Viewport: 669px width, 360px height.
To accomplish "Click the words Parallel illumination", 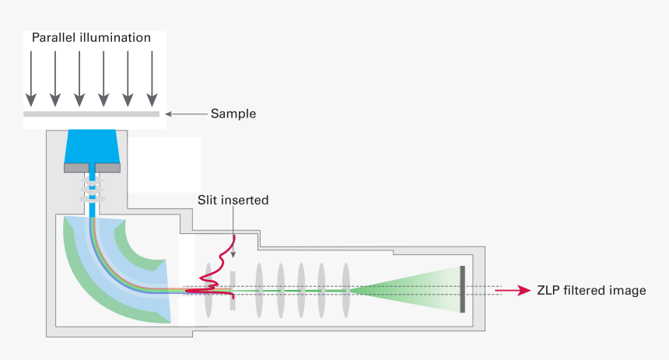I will (x=92, y=38).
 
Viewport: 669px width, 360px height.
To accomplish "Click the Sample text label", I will (x=233, y=114).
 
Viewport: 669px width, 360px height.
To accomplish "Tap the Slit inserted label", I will (x=233, y=201).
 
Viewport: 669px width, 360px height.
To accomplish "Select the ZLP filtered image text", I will (x=591, y=291).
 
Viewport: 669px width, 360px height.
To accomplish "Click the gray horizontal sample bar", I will (x=92, y=114).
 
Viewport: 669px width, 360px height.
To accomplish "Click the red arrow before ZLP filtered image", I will (x=512, y=291).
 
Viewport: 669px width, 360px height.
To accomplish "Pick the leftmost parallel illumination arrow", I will (x=30, y=78).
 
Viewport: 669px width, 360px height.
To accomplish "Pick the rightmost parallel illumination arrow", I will (x=153, y=78).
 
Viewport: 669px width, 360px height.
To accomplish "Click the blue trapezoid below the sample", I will (x=92, y=145).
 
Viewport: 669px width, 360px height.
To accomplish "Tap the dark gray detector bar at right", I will (x=462, y=289).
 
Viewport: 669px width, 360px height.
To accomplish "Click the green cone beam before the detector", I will (x=412, y=290).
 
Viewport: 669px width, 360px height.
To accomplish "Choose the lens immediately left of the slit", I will (x=208, y=290).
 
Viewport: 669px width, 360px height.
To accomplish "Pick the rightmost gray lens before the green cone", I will (x=345, y=290).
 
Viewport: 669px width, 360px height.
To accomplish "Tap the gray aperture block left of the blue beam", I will (x=76, y=167).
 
